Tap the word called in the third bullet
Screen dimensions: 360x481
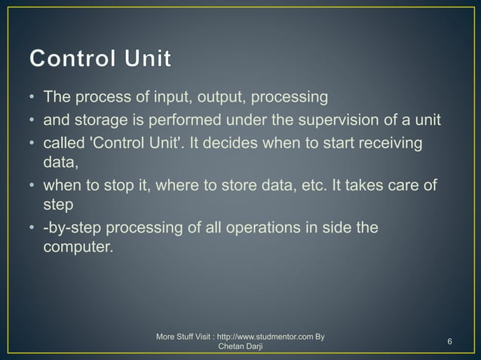pyautogui.click(x=64, y=144)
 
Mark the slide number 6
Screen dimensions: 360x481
pyautogui.click(x=449, y=343)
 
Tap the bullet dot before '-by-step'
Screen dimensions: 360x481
pyautogui.click(x=32, y=228)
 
